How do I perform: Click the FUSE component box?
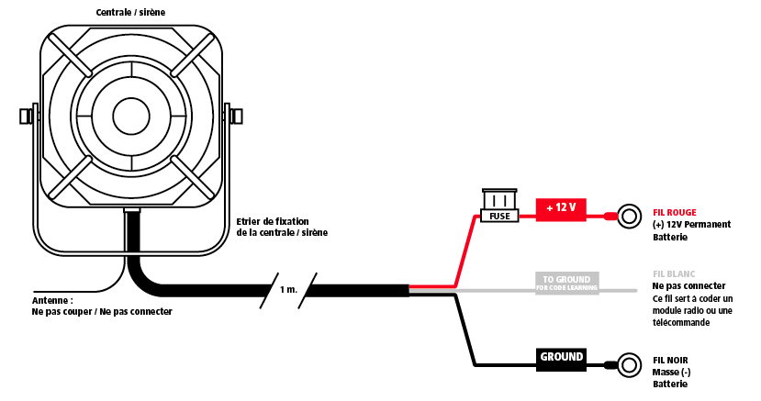(x=499, y=206)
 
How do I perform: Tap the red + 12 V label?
(x=561, y=209)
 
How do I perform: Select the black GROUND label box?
(x=561, y=360)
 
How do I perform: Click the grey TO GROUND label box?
(x=567, y=283)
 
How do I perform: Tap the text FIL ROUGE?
(x=674, y=212)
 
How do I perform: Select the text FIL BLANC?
(x=674, y=274)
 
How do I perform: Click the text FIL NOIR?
(x=670, y=361)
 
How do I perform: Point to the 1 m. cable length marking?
(x=288, y=289)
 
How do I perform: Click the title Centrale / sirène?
(x=130, y=12)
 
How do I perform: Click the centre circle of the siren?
(x=131, y=116)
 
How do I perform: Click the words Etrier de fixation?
(x=273, y=221)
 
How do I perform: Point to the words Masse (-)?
(x=672, y=373)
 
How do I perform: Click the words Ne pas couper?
(x=62, y=312)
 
